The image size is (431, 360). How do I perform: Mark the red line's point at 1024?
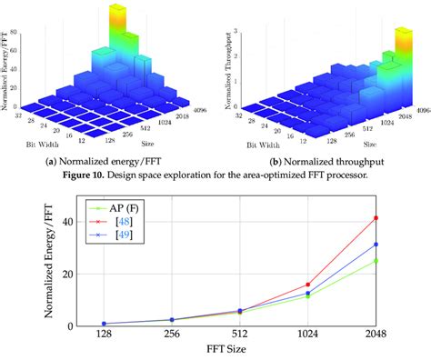[307, 285]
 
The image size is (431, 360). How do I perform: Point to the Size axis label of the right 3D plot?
[366, 144]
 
